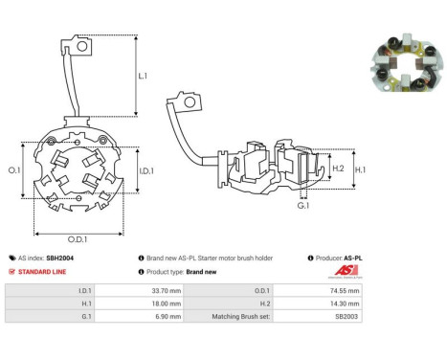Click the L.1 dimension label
[x=143, y=76]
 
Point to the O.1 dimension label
[x=14, y=170]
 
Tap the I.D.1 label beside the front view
[x=146, y=171]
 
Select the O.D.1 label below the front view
[x=78, y=239]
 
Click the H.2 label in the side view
[x=338, y=169]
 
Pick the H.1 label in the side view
[x=361, y=169]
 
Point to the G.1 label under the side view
[x=303, y=206]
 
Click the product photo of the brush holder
[x=408, y=63]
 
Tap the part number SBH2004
[x=59, y=258]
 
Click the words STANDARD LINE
[x=42, y=272]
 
